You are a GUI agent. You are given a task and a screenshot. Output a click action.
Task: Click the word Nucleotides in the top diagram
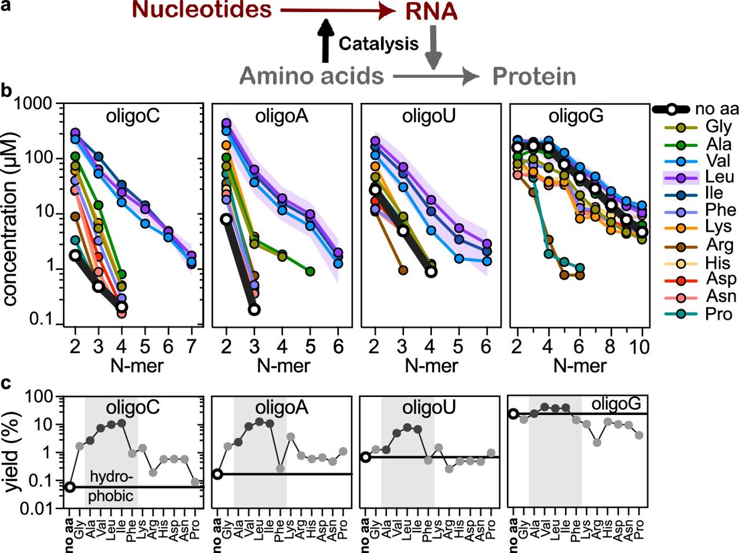click(x=201, y=10)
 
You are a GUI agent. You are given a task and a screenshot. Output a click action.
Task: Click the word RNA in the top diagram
click(x=431, y=12)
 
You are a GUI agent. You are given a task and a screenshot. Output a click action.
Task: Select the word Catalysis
click(x=378, y=44)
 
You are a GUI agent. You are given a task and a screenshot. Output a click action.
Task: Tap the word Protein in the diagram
click(x=533, y=76)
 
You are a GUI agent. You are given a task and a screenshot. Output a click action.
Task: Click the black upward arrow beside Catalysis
click(x=326, y=40)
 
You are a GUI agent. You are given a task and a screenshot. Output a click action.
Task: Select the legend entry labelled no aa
click(x=716, y=109)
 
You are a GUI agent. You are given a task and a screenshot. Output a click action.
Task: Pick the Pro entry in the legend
click(x=718, y=314)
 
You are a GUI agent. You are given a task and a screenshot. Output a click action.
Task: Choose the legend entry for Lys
click(x=718, y=227)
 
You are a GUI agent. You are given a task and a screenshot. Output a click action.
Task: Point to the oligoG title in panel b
click(x=576, y=117)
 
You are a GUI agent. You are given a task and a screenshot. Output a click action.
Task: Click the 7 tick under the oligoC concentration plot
click(x=192, y=346)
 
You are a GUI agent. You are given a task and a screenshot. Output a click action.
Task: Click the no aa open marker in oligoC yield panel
click(x=69, y=487)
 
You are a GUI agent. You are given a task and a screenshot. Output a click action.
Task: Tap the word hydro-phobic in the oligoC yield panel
click(x=111, y=487)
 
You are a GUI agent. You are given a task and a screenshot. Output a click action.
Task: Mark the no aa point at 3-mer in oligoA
click(x=254, y=310)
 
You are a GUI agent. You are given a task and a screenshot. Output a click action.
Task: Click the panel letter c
click(x=6, y=383)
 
